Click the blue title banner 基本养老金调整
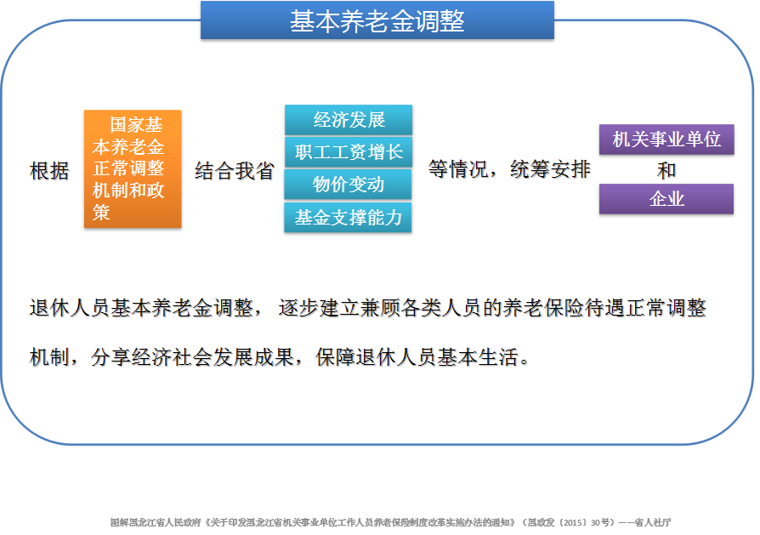377,20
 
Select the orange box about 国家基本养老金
133,168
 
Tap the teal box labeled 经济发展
349,120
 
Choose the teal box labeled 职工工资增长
349,152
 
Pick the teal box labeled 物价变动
348,185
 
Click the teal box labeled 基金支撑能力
348,217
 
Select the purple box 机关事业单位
666,139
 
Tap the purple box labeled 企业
666,199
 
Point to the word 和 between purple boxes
666,170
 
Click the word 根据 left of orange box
49,171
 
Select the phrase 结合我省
235,171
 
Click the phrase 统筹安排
551,169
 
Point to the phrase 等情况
458,169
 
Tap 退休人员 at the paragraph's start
70,308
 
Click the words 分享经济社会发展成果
192,357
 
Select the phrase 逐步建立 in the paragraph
319,308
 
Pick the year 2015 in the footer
572,522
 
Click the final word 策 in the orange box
101,213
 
